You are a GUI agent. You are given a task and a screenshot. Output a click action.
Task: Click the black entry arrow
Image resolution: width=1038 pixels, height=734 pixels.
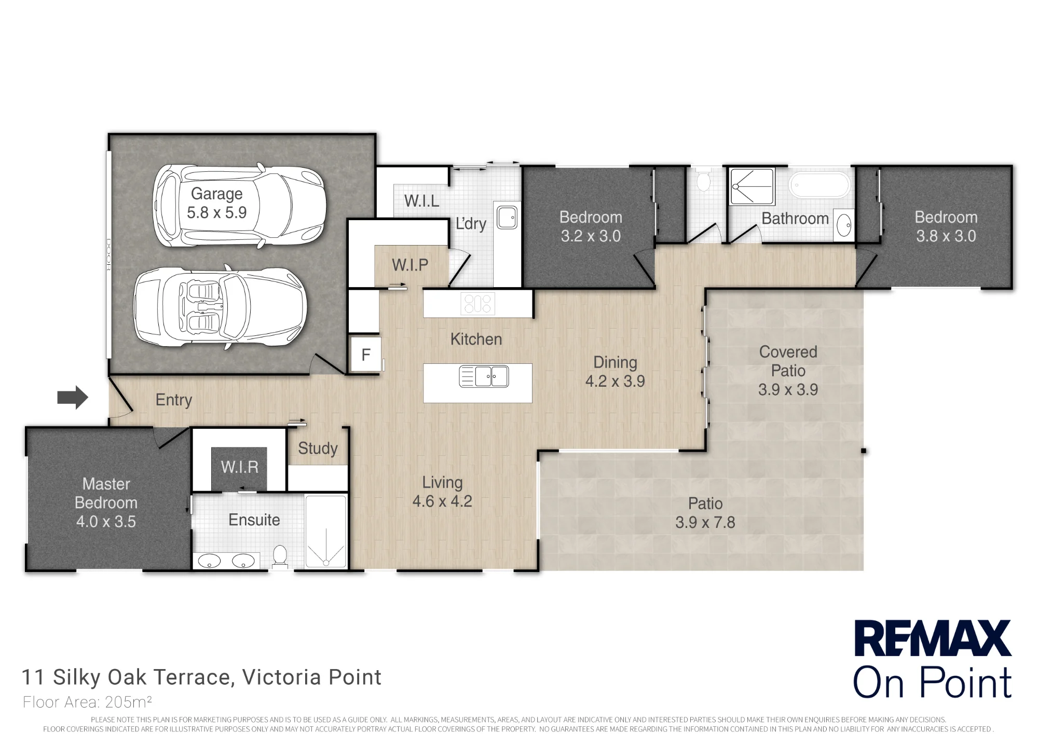[x=73, y=398]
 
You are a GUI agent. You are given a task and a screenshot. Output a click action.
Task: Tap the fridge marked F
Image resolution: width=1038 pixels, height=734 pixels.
[x=366, y=355]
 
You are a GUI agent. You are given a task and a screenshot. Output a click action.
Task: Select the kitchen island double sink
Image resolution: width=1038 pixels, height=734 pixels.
[x=484, y=376]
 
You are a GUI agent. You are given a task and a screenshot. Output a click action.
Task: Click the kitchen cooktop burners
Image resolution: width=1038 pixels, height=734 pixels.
[x=477, y=304]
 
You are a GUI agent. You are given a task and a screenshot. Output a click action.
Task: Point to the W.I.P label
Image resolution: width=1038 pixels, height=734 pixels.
[x=410, y=265]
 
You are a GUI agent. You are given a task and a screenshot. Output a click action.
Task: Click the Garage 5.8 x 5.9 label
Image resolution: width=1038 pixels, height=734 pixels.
[x=217, y=203]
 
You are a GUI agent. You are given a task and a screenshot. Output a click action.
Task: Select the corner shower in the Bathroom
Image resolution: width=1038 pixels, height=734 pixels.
[x=752, y=186]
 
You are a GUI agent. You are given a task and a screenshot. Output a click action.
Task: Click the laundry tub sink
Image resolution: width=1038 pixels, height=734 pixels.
[x=507, y=217]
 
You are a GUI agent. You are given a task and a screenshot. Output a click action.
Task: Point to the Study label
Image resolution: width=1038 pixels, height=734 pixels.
[x=318, y=448]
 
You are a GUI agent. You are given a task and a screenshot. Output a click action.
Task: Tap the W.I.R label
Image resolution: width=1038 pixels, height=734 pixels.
[x=240, y=467]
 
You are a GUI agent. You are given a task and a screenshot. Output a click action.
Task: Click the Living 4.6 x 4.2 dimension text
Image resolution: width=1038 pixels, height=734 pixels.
[x=442, y=501]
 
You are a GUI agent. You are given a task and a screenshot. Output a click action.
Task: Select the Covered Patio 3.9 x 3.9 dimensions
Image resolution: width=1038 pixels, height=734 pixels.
[x=788, y=389]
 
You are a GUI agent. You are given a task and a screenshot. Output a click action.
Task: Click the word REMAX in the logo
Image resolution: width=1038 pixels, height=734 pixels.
[x=933, y=638]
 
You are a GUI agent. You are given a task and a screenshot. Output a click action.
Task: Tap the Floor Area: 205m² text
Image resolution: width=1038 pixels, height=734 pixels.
[x=87, y=702]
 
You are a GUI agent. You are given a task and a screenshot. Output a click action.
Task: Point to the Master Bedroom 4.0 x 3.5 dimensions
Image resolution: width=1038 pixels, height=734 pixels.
[x=106, y=521]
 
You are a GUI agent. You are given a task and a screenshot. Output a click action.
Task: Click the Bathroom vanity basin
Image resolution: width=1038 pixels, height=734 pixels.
[x=844, y=225]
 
